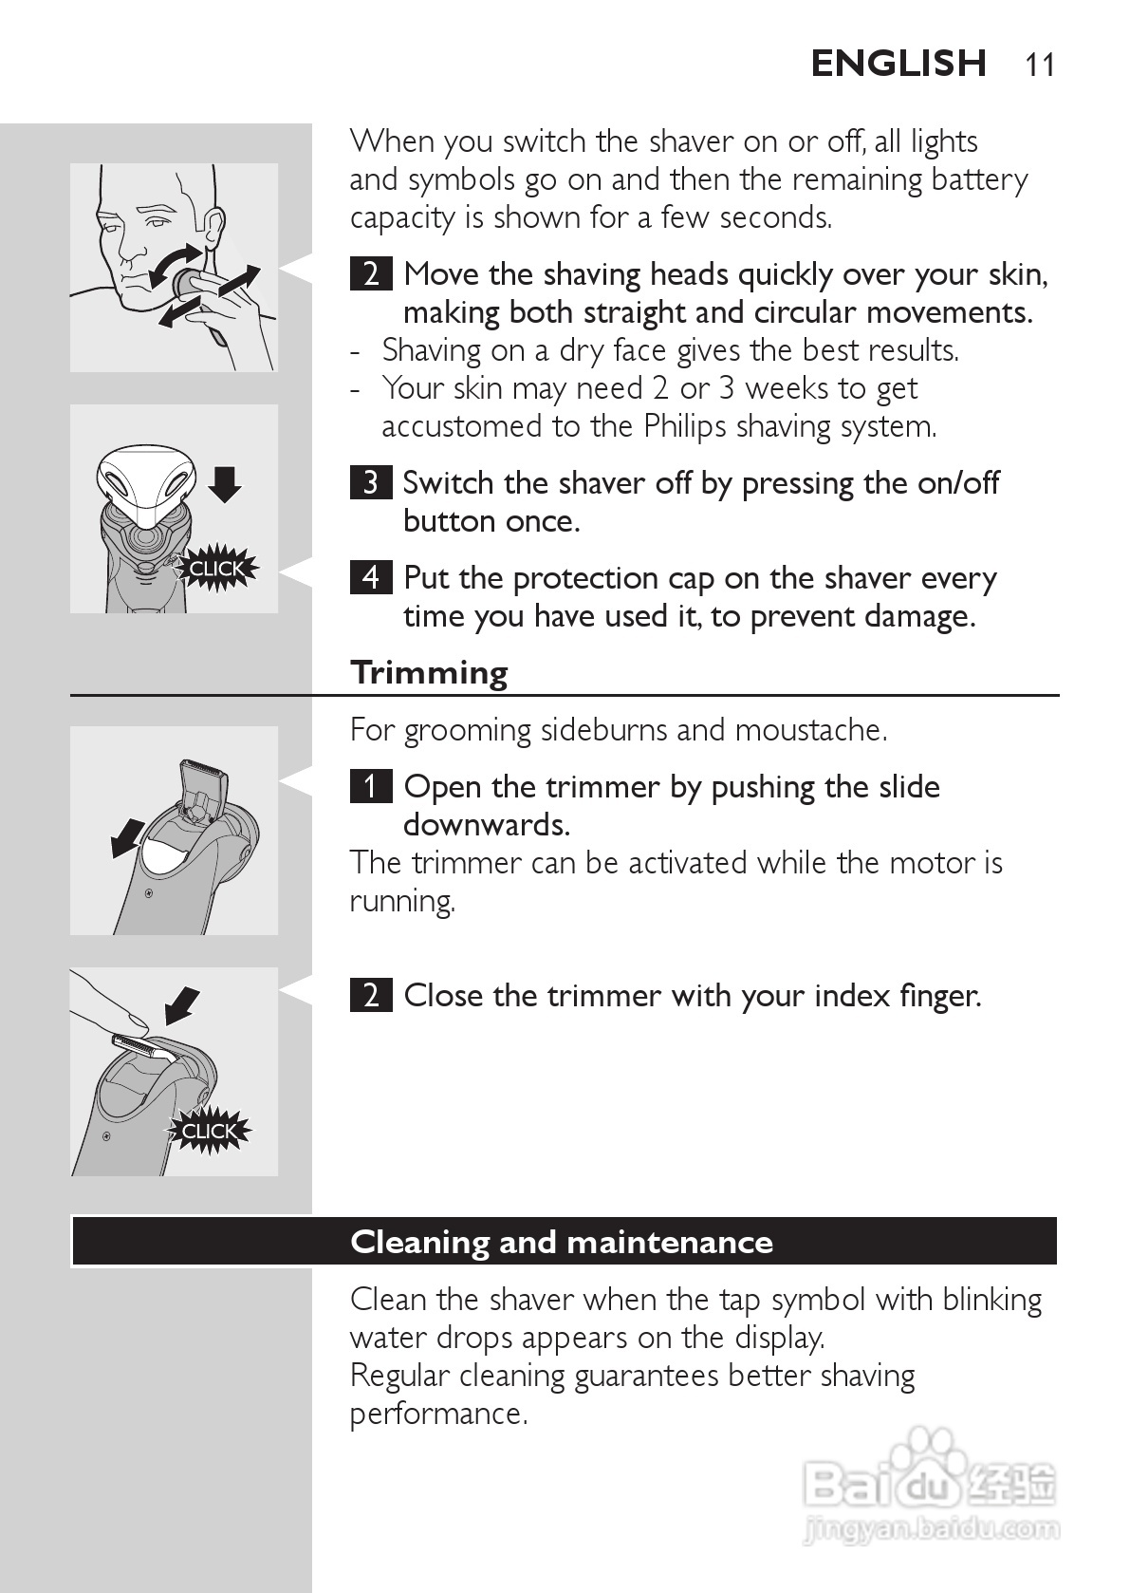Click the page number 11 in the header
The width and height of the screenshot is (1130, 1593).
[1040, 65]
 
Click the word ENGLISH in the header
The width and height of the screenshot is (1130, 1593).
[899, 64]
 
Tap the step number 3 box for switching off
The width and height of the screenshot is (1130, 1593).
[370, 482]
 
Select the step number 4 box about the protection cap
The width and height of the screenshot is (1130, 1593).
[370, 577]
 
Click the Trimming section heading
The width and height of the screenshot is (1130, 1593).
[429, 673]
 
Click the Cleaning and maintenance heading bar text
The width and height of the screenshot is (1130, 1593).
[562, 1243]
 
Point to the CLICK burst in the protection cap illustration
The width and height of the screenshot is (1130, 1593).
[216, 569]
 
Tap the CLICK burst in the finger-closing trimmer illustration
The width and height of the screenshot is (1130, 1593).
[209, 1131]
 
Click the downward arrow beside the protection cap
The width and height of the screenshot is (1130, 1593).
[225, 484]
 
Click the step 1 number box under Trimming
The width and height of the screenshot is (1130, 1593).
[370, 786]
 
